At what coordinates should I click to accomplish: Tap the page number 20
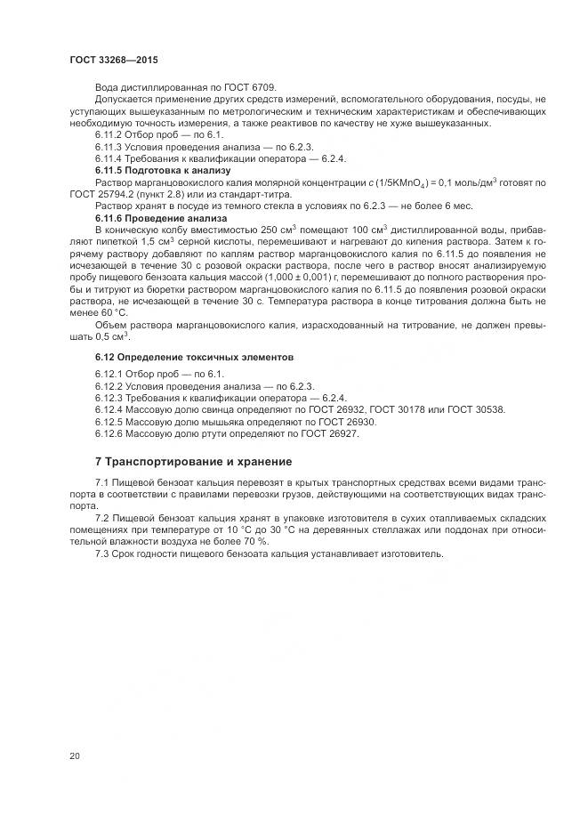(74, 756)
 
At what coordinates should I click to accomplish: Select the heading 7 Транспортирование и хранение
(194, 462)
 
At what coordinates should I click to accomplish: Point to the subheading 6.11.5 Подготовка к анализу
(149, 169)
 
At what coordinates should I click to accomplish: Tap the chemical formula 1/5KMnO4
(384, 182)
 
